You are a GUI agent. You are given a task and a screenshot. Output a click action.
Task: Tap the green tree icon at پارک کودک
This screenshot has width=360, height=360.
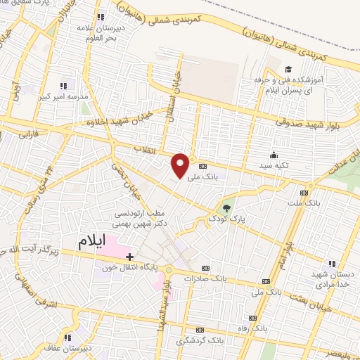pyautogui.click(x=226, y=207)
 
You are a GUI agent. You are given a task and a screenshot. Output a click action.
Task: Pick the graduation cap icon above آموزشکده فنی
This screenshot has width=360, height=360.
pyautogui.click(x=288, y=69)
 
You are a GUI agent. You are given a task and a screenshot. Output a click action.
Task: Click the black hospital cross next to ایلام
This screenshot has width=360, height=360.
pyautogui.click(x=129, y=257)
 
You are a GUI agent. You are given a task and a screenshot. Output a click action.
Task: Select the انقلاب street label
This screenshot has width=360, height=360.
pyautogui.click(x=149, y=148)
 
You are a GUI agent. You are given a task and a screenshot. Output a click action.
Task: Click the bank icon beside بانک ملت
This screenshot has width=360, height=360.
pyautogui.click(x=304, y=193)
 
